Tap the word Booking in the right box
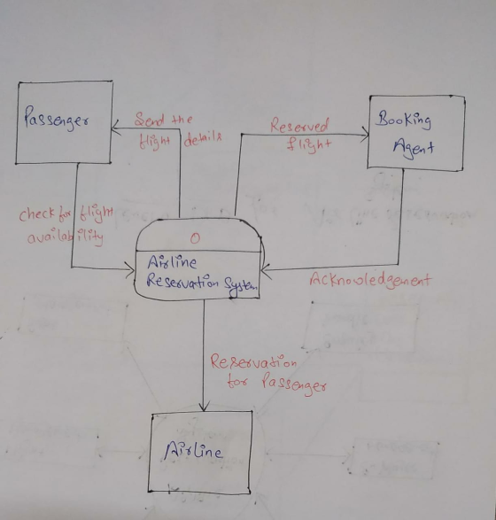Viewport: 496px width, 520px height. click(x=403, y=120)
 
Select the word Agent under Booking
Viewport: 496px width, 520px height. click(x=414, y=148)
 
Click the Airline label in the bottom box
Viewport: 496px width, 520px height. click(x=193, y=452)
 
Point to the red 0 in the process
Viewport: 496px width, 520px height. click(x=195, y=238)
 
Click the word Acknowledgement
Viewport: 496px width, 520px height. click(x=370, y=281)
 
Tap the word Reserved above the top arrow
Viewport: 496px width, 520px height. click(x=299, y=126)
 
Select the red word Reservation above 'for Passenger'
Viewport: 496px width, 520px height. click(x=253, y=361)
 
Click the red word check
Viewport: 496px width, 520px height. click(x=35, y=215)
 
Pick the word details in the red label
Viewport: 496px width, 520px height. click(x=203, y=140)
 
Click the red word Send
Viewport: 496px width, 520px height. click(x=149, y=120)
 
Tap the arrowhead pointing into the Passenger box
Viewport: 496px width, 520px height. click(x=115, y=128)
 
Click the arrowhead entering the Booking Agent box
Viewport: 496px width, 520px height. click(x=366, y=135)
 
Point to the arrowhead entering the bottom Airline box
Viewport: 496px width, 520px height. click(x=204, y=407)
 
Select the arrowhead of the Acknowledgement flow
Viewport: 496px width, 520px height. click(x=267, y=271)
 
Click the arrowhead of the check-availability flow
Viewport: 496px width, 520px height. click(x=130, y=269)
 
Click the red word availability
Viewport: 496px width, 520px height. click(x=65, y=237)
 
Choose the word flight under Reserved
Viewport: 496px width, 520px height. click(x=309, y=145)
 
